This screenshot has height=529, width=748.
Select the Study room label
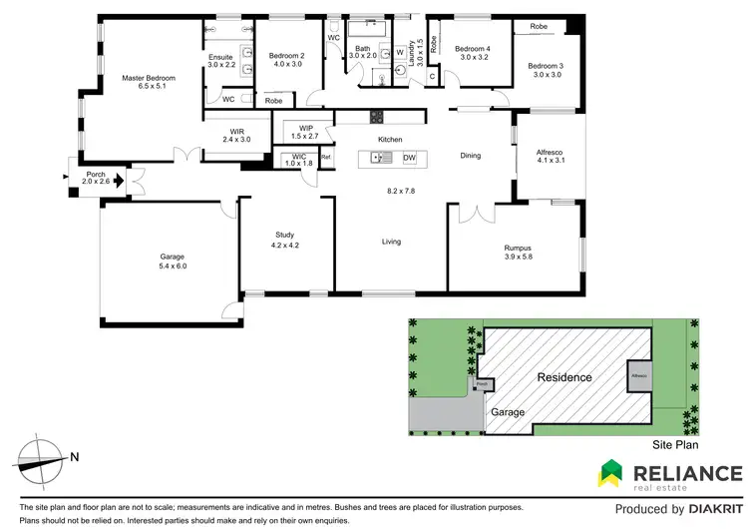pos(285,235)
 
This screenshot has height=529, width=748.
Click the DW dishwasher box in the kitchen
pos(409,158)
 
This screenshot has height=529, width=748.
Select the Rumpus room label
pos(517,250)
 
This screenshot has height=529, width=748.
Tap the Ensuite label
pos(221,57)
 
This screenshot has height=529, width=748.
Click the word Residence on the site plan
pos(564,377)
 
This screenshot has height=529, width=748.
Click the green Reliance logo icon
pos(611,472)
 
